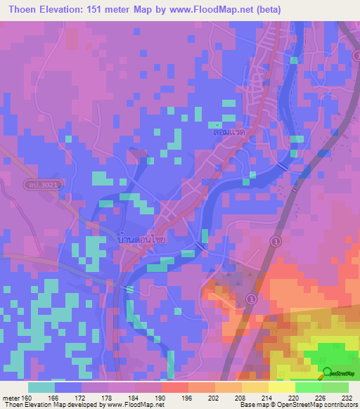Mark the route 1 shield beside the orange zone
click(x=250, y=299)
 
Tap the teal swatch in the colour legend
click(x=41, y=387)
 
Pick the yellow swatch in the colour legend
click(x=281, y=387)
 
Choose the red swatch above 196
click(x=174, y=387)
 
